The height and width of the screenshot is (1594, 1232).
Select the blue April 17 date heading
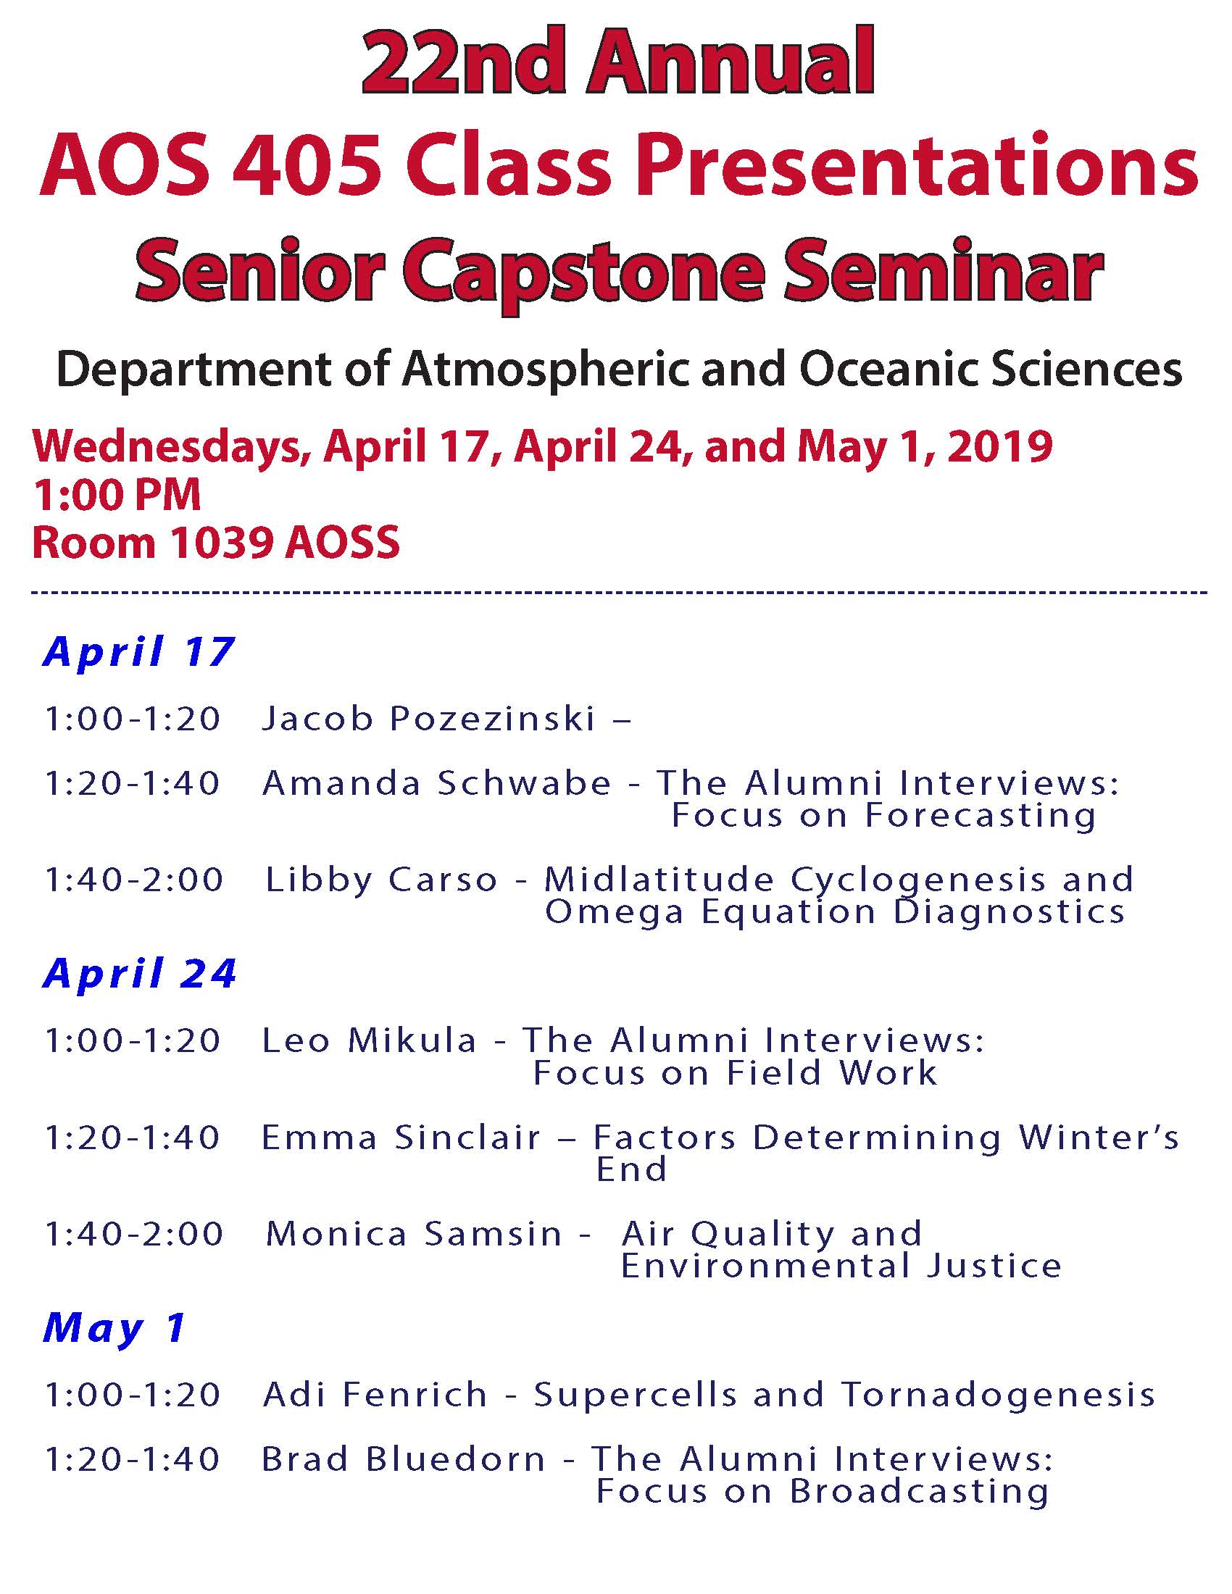pyautogui.click(x=138, y=652)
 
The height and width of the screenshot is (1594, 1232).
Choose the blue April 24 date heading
pyautogui.click(x=140, y=973)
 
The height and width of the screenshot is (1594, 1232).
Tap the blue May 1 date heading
pyautogui.click(x=115, y=1327)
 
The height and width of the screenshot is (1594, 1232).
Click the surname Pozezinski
pyautogui.click(x=494, y=718)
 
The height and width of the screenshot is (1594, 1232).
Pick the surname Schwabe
pyautogui.click(x=524, y=783)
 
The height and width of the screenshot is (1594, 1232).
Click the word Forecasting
pyautogui.click(x=981, y=816)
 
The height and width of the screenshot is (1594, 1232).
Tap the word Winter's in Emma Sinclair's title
pyautogui.click(x=1099, y=1137)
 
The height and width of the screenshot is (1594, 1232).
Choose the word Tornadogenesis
pyautogui.click(x=999, y=1395)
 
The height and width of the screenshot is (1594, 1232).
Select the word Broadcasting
pyautogui.click(x=920, y=1493)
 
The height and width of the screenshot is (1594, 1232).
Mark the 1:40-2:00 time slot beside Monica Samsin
pyautogui.click(x=133, y=1233)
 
